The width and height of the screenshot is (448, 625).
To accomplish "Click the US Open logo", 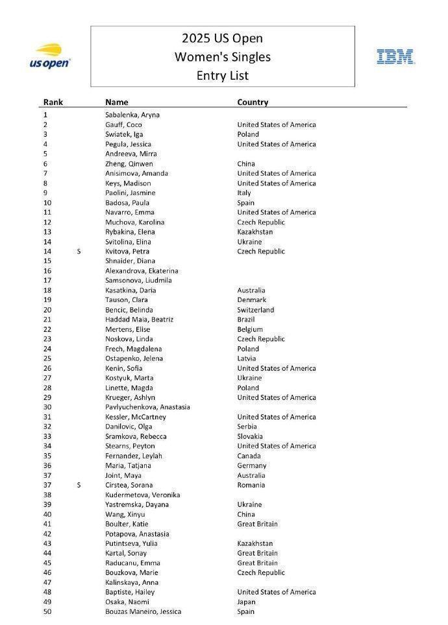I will click(x=50, y=56).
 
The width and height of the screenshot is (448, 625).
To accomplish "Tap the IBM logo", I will click(x=396, y=56).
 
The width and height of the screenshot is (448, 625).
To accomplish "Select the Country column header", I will click(x=253, y=102).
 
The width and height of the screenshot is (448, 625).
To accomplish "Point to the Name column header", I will click(x=117, y=102).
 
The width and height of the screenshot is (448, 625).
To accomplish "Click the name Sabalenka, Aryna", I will click(x=132, y=115).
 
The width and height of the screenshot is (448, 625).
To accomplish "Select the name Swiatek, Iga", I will click(x=124, y=134).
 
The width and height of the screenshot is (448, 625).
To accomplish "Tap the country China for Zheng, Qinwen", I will click(x=246, y=164).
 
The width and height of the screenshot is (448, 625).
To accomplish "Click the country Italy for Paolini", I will click(x=244, y=193).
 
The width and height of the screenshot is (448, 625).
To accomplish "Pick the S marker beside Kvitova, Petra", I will click(x=79, y=252).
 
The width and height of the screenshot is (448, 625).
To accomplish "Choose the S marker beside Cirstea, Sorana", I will click(x=79, y=485).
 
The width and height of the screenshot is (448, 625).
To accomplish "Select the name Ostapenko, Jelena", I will click(x=134, y=359).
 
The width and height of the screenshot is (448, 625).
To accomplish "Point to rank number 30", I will click(x=47, y=407).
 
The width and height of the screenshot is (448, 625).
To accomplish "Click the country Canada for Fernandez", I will click(x=250, y=456).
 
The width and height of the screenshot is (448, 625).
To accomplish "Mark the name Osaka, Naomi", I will click(x=127, y=602).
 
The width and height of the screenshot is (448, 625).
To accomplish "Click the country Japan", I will click(x=247, y=602).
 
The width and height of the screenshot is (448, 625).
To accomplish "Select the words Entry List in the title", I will click(x=222, y=75).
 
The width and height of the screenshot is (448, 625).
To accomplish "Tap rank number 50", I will click(x=47, y=611).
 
